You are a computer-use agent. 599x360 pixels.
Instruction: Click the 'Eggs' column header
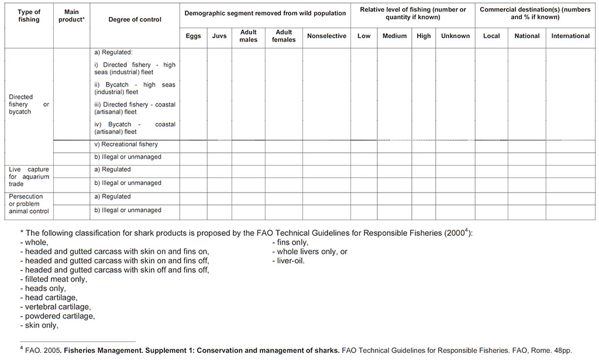pos(193,36)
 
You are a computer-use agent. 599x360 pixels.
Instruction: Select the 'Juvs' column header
pos(219,36)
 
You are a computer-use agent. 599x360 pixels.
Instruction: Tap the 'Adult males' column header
pos(248,36)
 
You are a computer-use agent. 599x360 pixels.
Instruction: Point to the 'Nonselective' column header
pos(326,36)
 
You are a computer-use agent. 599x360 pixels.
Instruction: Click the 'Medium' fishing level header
pos(394,36)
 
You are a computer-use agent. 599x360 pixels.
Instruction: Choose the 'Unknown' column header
pos(455,36)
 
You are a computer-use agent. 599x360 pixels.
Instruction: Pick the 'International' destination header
pos(570,36)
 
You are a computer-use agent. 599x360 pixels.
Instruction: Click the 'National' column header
pos(526,36)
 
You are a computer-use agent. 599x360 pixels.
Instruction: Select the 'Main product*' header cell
pos(71,15)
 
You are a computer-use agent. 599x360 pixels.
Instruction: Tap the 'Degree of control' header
pos(135,19)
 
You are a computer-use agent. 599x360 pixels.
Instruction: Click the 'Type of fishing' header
pos(28,15)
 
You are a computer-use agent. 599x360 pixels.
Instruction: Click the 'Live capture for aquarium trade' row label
pos(29,176)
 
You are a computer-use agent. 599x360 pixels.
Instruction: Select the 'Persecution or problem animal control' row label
pos(29,204)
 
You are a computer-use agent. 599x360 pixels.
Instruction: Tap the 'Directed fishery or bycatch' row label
pos(29,104)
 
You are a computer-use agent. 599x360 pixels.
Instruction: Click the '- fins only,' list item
pos(290,242)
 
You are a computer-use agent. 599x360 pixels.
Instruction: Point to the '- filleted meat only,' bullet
pos(53,279)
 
